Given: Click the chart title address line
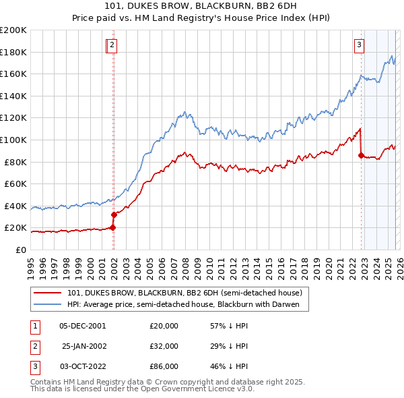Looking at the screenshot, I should pyautogui.click(x=202, y=6).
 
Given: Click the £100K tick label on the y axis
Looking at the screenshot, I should pyautogui.click(x=14, y=140).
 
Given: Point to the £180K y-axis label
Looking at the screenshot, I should pyautogui.click(x=14, y=52).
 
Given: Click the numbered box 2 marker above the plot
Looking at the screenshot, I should pyautogui.click(x=112, y=45).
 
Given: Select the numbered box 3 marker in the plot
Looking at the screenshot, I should pyautogui.click(x=360, y=45).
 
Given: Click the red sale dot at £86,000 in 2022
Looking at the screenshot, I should pyautogui.click(x=361, y=155).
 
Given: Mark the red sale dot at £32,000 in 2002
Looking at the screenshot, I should pyautogui.click(x=114, y=215).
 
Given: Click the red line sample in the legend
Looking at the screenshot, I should pyautogui.click(x=48, y=293).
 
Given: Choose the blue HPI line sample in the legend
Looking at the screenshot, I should pyautogui.click(x=48, y=304).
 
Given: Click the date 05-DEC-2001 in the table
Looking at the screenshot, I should pyautogui.click(x=82, y=326).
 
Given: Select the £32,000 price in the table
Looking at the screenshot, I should pyautogui.click(x=164, y=346).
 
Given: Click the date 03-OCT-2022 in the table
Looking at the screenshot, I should pyautogui.click(x=82, y=366).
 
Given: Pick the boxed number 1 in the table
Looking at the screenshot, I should pyautogui.click(x=34, y=326).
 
